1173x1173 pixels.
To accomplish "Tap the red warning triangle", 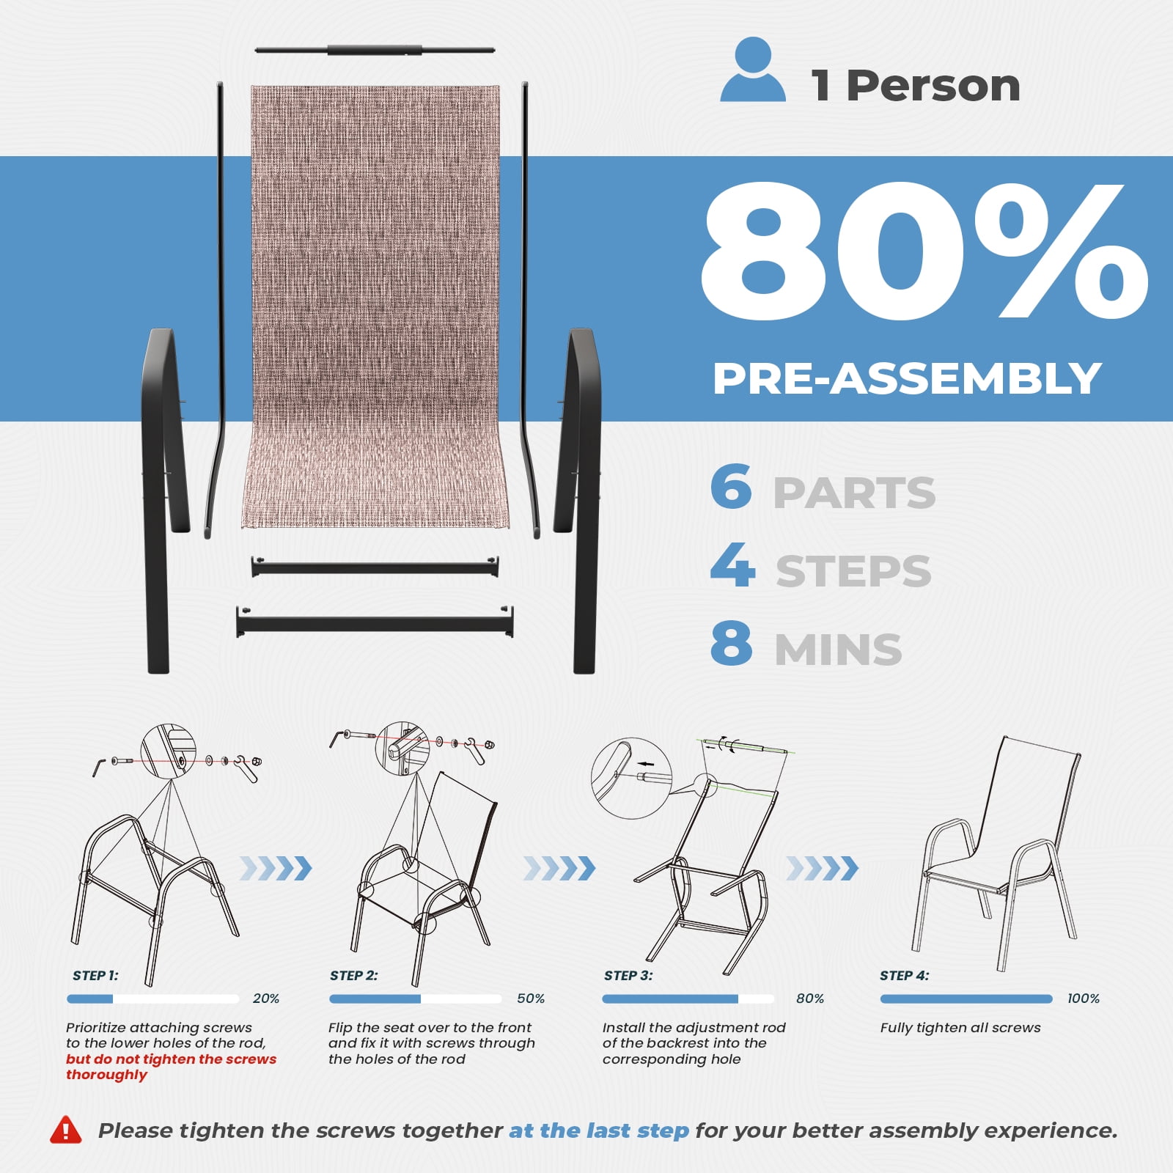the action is click(66, 1130).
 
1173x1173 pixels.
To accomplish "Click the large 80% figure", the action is click(924, 250).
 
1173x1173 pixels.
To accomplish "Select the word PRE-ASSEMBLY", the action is click(907, 378).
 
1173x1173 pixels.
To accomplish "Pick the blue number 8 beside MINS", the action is click(731, 643).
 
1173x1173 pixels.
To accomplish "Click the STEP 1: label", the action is click(95, 976).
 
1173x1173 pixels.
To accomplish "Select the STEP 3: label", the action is click(628, 976).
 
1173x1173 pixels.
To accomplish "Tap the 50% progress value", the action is click(531, 999).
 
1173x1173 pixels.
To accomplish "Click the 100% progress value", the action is click(1084, 999).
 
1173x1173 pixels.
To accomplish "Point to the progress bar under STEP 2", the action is click(416, 999).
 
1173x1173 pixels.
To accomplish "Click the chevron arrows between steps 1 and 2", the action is click(276, 868).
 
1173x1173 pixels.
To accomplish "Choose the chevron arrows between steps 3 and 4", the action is click(822, 868).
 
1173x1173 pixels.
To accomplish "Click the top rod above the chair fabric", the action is click(375, 50).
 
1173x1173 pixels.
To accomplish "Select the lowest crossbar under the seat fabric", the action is click(375, 622).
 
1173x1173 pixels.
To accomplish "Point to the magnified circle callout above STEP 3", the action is click(631, 779).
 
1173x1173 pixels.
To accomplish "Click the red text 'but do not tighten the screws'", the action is click(171, 1059).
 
